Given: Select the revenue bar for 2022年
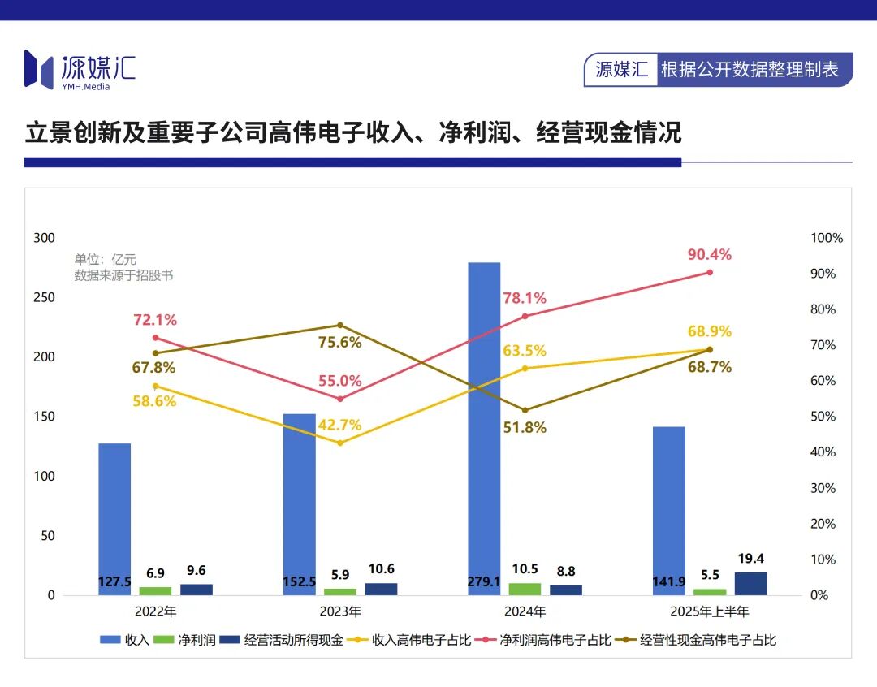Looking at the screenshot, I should click(114, 519).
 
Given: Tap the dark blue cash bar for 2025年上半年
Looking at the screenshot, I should click(750, 583).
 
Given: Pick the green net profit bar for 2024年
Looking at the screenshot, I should click(525, 589).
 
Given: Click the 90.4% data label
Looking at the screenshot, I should click(709, 254).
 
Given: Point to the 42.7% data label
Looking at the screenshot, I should click(339, 425).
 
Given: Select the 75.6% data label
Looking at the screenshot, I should click(339, 342).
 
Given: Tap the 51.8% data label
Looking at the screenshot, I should click(525, 427).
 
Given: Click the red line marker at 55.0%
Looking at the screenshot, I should click(340, 399).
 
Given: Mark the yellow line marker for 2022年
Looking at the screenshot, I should click(155, 386).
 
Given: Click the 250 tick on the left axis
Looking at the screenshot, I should click(44, 297).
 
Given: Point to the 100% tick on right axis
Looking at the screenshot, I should click(827, 238).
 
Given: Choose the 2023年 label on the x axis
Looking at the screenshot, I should click(340, 611).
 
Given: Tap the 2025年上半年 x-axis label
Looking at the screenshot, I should click(710, 611).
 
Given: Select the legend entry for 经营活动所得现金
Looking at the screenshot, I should click(283, 640).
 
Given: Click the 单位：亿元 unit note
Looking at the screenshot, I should click(106, 259).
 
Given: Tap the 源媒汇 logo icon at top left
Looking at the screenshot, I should click(38, 68).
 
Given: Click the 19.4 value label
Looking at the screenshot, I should click(750, 559).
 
